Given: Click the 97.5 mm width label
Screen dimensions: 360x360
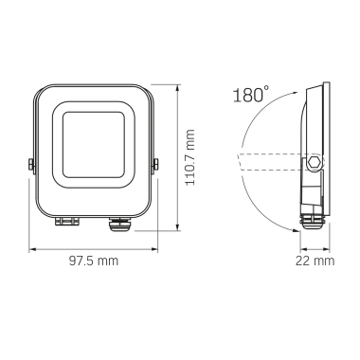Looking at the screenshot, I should [95, 260].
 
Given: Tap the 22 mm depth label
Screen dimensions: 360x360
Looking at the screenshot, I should [313, 260].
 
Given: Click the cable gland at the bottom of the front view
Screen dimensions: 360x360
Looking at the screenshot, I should [118, 225].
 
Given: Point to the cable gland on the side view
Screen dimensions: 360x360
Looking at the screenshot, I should [312, 224].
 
